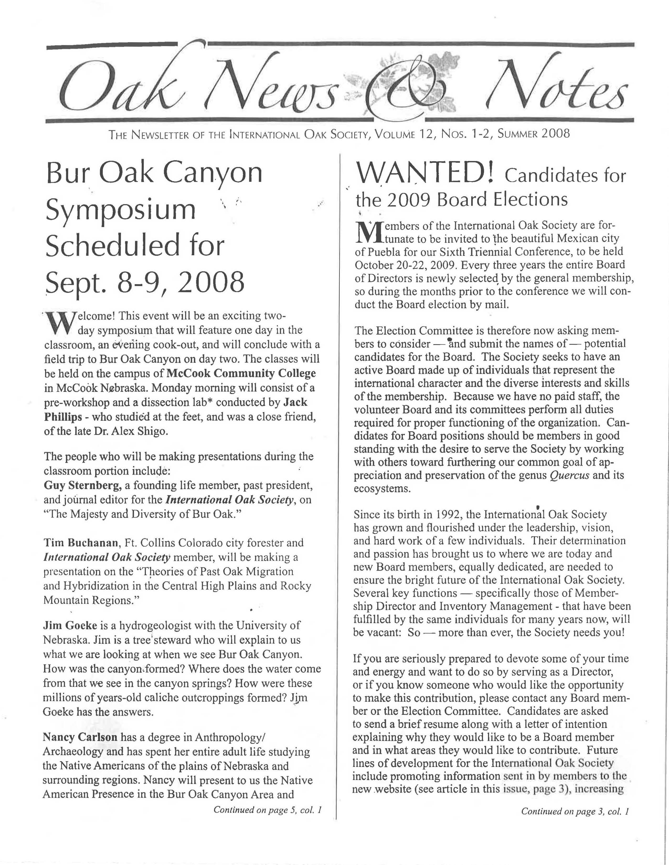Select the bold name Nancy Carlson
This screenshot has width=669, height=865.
pyautogui.click(x=80, y=737)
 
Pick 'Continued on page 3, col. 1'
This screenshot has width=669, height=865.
pyautogui.click(x=575, y=811)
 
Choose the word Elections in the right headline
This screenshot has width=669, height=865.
pyautogui.click(x=530, y=199)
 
